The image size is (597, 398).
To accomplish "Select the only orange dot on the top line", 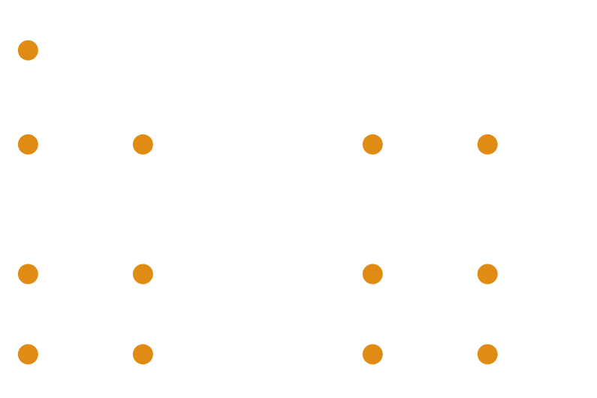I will pos(28,50).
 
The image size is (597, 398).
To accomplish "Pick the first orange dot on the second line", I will pos(28,143).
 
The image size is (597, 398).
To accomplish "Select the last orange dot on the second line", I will pos(487,143).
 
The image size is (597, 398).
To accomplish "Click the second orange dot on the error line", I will pos(143,274).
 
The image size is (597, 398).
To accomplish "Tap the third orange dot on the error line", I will pos(372,274).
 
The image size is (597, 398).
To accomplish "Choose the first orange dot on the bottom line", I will pos(28,353).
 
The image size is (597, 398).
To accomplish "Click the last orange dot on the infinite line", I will pos(487,353).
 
